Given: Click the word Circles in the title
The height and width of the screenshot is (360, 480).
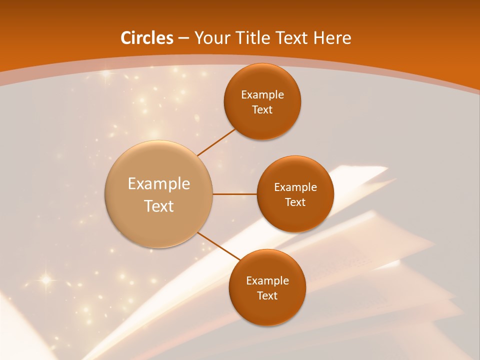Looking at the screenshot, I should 147,38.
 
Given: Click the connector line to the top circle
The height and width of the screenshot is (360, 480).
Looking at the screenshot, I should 216,142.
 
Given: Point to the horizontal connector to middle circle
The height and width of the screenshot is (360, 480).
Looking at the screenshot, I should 234,194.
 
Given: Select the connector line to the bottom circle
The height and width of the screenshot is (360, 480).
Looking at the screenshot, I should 219,246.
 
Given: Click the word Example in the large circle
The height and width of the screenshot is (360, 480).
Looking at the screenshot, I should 159,184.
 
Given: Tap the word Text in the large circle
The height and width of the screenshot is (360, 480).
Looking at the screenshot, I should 159,206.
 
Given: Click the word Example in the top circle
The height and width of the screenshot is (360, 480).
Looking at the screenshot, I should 262,95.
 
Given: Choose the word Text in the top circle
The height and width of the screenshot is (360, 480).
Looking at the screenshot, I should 262,110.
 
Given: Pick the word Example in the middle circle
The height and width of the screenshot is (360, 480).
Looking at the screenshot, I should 295,187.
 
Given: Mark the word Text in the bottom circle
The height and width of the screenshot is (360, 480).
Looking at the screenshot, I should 267,296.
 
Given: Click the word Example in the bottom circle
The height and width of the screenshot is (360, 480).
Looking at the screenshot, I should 267,281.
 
